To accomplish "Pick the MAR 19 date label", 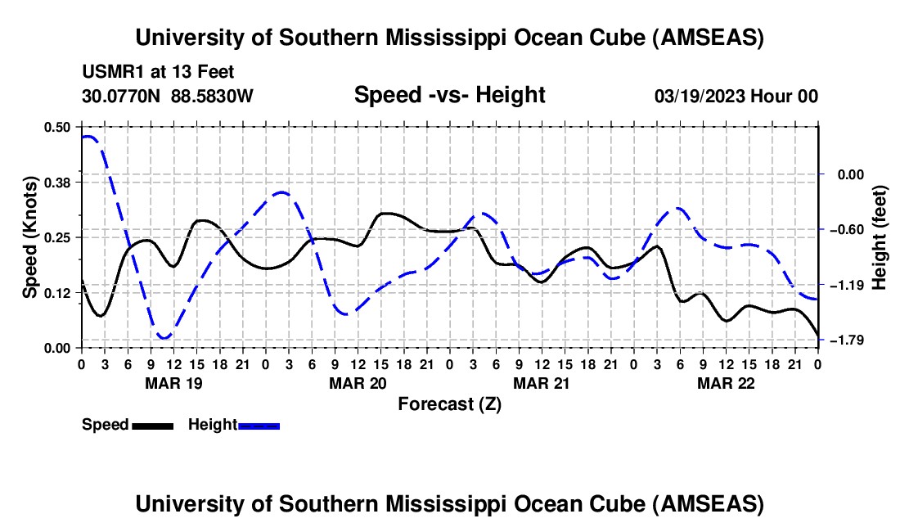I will click(173, 383).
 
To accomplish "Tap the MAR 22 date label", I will click(726, 383).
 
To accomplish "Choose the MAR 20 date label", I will click(358, 383).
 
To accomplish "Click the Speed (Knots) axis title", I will click(30, 237).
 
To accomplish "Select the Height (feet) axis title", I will click(880, 237).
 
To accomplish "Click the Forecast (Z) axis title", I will click(449, 404).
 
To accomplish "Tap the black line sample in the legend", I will click(152, 425).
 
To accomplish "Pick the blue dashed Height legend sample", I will click(259, 425).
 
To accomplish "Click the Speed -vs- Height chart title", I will click(449, 95).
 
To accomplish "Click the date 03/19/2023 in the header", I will click(698, 96).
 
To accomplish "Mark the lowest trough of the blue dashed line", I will click(164, 337).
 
